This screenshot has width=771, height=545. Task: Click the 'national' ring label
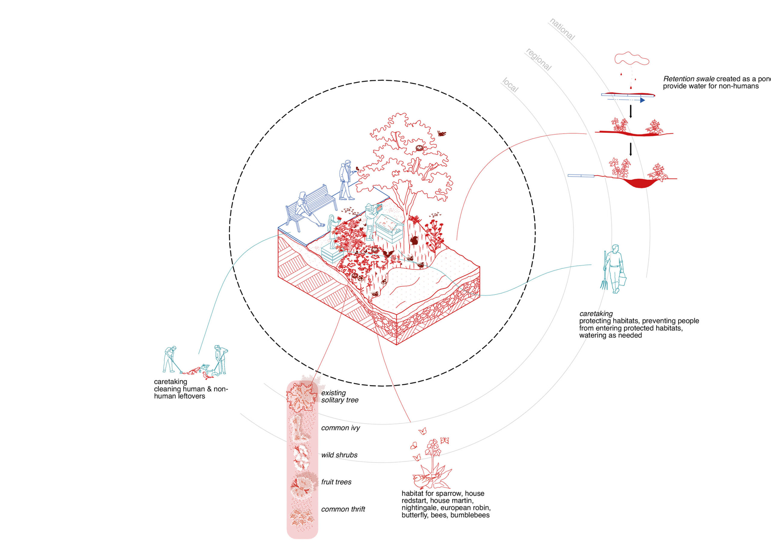click(562, 29)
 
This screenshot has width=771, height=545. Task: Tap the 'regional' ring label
click(538, 59)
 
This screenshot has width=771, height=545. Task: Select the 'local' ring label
click(510, 85)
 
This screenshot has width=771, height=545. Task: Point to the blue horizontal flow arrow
click(626, 100)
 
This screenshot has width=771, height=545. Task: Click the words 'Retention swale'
click(688, 79)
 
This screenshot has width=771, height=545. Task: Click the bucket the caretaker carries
click(622, 279)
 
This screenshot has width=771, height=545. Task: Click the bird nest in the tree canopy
click(420, 148)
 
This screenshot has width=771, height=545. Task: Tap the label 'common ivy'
click(340, 428)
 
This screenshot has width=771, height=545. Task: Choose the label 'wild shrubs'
click(339, 455)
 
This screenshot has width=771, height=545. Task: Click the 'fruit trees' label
click(336, 482)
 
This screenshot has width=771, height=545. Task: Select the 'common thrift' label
click(343, 509)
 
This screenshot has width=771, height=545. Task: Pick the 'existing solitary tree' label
click(339, 396)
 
